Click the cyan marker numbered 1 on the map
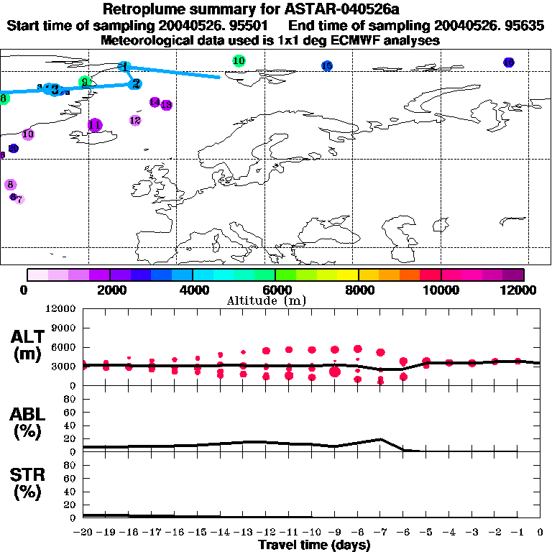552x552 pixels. click(x=125, y=67)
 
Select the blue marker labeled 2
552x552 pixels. click(x=134, y=83)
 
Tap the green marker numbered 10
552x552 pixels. click(x=239, y=61)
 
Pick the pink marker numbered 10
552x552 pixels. click(x=28, y=134)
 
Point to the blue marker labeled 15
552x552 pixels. click(x=327, y=66)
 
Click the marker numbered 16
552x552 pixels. click(x=508, y=63)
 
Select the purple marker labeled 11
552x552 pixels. click(x=94, y=125)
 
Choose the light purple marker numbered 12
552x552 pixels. click(x=135, y=120)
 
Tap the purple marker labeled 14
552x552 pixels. click(x=155, y=102)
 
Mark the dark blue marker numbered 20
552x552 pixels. click(x=13, y=148)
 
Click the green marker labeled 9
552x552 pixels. click(x=85, y=82)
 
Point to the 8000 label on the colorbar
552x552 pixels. click(x=359, y=290)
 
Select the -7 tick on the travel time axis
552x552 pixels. click(x=380, y=532)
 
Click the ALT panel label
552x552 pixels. click(x=29, y=345)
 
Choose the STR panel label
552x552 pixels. click(x=29, y=484)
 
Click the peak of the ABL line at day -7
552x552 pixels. click(x=380, y=438)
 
